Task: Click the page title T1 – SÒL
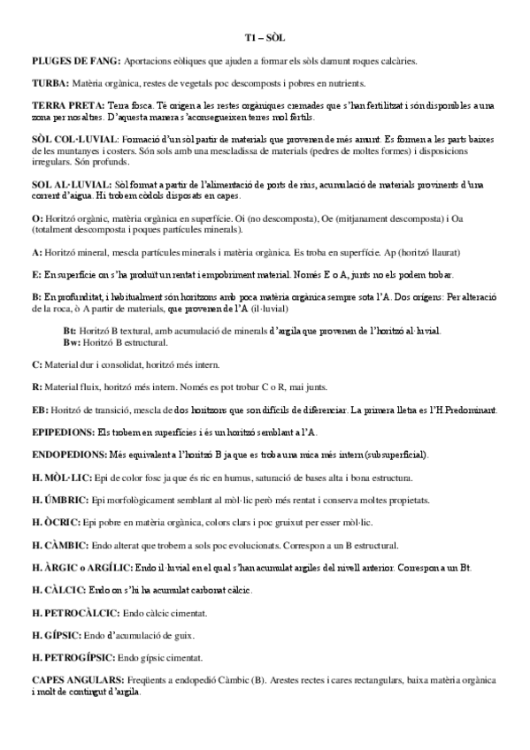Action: click(265, 38)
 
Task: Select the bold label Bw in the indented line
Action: click(71, 341)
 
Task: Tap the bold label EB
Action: click(40, 409)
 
